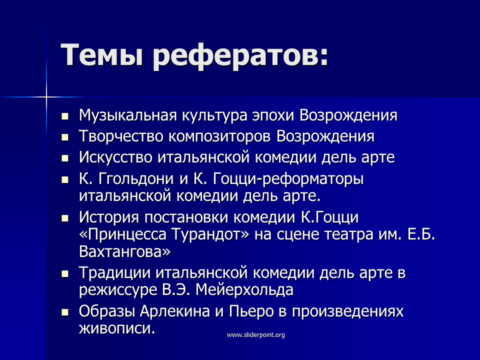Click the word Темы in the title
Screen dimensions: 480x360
pos(102,54)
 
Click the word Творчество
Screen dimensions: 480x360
pos(121,136)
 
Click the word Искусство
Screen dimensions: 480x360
pos(115,157)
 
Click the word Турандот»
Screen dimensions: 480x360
pos(210,234)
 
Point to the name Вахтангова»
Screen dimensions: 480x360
pos(125,251)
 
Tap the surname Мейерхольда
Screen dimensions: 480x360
pos(244,290)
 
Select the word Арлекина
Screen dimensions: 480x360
pos(175,311)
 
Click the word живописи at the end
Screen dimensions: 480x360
pos(117,328)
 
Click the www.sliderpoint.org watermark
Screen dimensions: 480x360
pos(256,335)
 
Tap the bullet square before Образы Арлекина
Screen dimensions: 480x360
pos(65,312)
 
